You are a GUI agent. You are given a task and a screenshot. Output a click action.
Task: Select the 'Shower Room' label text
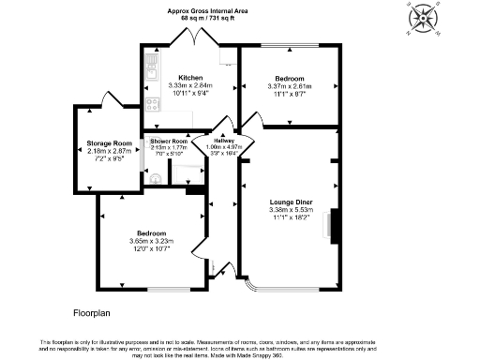[169, 141]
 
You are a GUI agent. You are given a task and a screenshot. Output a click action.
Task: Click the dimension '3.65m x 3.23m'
[151, 241]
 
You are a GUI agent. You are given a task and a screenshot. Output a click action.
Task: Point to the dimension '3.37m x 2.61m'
[289, 86]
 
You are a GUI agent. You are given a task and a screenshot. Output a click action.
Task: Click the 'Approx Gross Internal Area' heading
[207, 9]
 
